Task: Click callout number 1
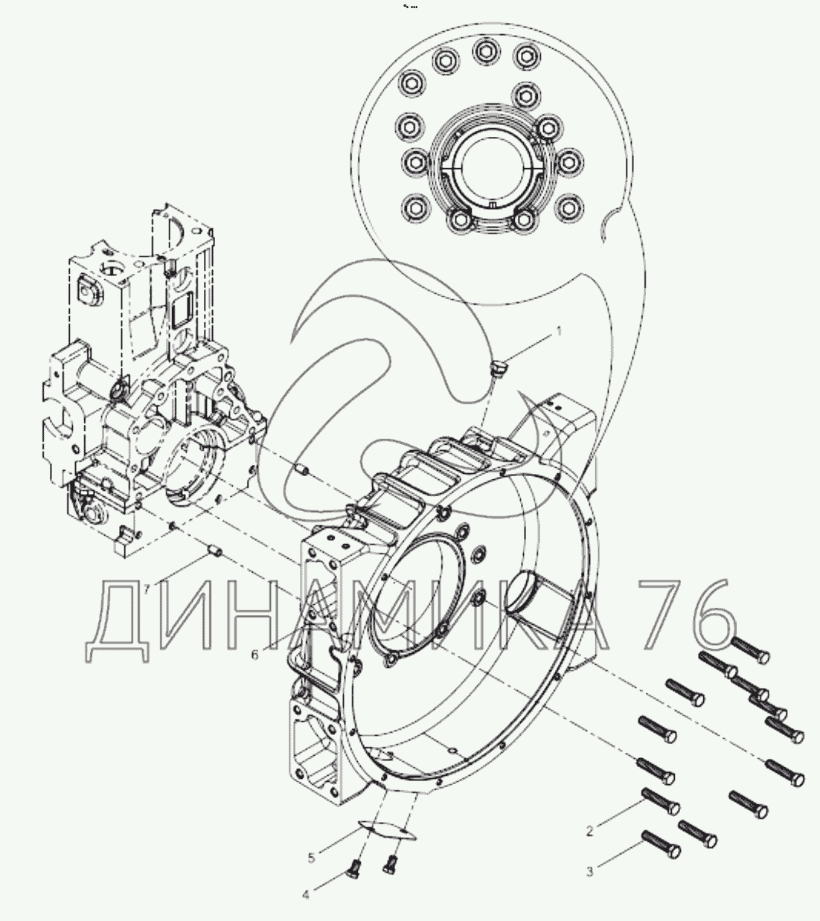click(559, 332)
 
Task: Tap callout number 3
click(590, 871)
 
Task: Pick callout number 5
click(311, 858)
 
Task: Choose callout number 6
click(254, 655)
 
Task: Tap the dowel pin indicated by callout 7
click(214, 552)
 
